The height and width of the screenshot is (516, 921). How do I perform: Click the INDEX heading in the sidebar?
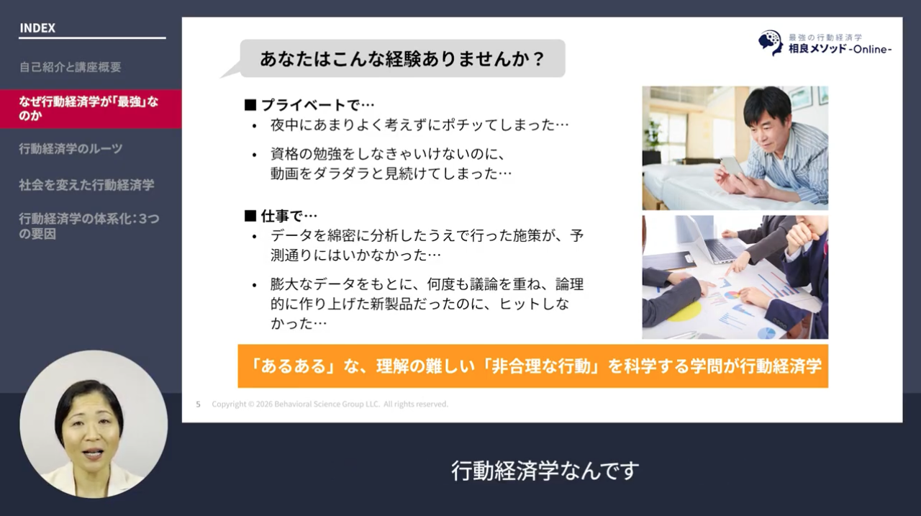pos(37,29)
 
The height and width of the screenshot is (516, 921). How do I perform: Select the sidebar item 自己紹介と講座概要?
pos(70,68)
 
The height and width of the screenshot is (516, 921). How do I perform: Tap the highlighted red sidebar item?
pos(89,109)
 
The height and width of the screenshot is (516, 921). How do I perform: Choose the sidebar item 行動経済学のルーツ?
pos(71,149)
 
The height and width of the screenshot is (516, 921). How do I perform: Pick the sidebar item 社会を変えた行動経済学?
pos(86,185)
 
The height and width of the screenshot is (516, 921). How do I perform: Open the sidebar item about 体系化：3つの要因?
pos(89,226)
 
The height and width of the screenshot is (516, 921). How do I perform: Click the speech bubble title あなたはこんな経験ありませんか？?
pos(402,59)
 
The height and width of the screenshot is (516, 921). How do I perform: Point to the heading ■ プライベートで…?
pos(309,105)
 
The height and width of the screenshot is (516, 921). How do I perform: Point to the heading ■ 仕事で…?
pos(281,215)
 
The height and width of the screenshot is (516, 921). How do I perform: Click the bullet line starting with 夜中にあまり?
pos(419,125)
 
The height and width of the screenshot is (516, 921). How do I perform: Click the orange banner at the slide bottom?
pos(532,366)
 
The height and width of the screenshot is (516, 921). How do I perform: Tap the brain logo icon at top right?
pos(770,42)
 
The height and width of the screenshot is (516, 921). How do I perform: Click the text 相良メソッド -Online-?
pos(840,49)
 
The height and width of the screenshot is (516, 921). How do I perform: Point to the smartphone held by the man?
pos(732,166)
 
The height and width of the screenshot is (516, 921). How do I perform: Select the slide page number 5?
pos(199,404)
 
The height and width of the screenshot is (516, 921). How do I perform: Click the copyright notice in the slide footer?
pos(330,404)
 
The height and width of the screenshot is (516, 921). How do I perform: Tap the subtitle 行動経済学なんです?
pos(545,471)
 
